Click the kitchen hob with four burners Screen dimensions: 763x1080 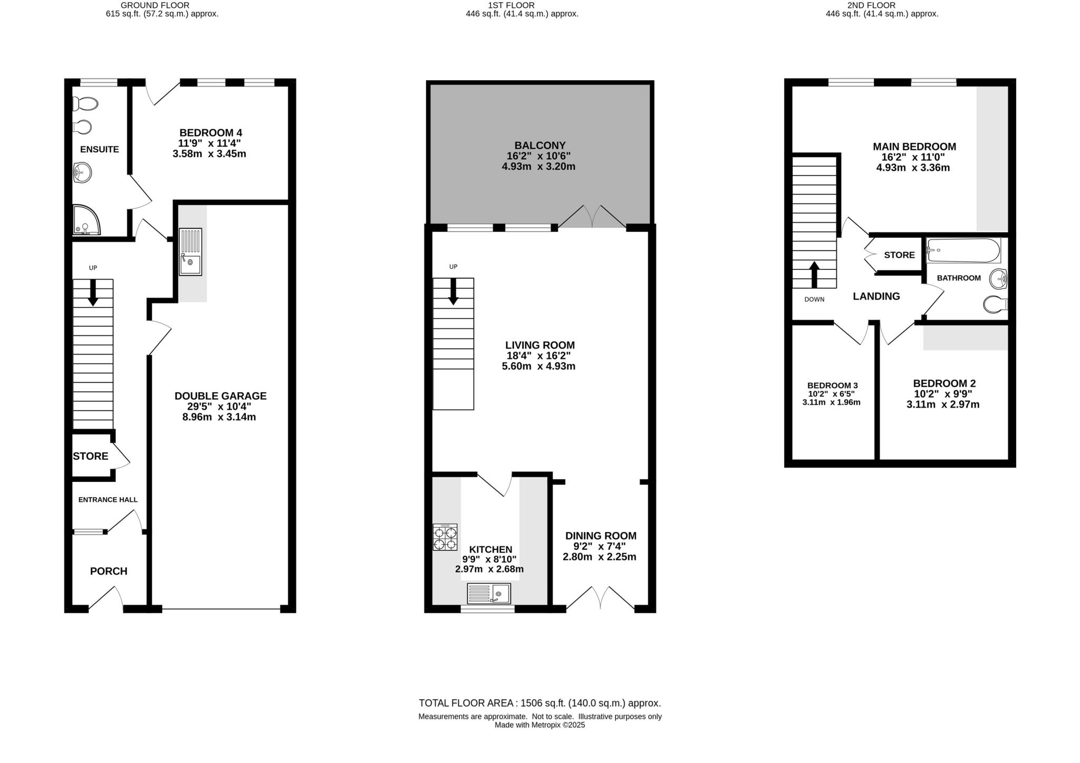tap(445, 537)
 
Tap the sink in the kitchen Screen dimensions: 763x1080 tap(489, 594)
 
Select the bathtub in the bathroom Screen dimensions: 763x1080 tap(963, 250)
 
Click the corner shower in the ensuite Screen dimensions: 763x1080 tap(85, 220)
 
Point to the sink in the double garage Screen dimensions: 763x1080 tap(190, 252)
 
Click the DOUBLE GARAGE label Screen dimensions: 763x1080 tap(220, 396)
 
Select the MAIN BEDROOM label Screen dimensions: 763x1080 tap(914, 147)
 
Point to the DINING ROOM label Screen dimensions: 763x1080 tap(601, 536)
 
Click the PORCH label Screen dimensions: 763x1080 tap(109, 571)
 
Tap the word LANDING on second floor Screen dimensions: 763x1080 tap(876, 296)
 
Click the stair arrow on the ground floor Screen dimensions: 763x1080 tap(93, 293)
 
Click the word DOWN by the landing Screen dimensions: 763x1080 tap(814, 300)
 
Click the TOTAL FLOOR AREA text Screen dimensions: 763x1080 tap(539, 703)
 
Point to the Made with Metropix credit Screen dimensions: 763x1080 tap(539, 725)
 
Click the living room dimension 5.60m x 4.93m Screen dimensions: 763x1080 tap(538, 366)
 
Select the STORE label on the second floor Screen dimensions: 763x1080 tap(899, 255)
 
